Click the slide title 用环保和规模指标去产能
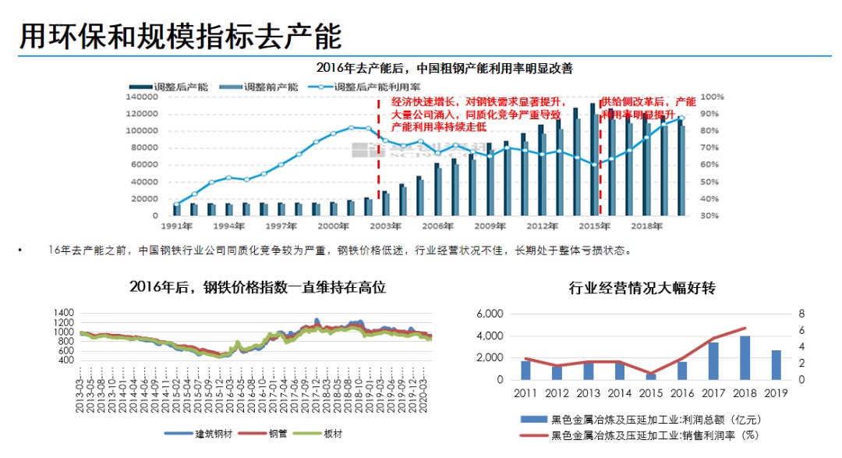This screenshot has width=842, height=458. coord(181,34)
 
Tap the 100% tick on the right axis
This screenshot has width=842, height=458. coord(713,97)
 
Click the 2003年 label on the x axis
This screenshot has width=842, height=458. coord(386,226)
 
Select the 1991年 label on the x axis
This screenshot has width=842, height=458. coord(177,226)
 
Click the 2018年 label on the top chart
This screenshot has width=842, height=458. coord(646,226)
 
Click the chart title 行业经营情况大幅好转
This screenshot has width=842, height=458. coord(642,288)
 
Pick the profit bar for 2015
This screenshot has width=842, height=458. coord(651,376)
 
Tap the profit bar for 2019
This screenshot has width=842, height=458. coord(776,365)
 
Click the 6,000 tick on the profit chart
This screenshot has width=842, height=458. coord(490,314)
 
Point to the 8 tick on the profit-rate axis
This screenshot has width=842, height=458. coord(801,314)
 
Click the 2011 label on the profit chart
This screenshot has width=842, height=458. coord(525,392)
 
